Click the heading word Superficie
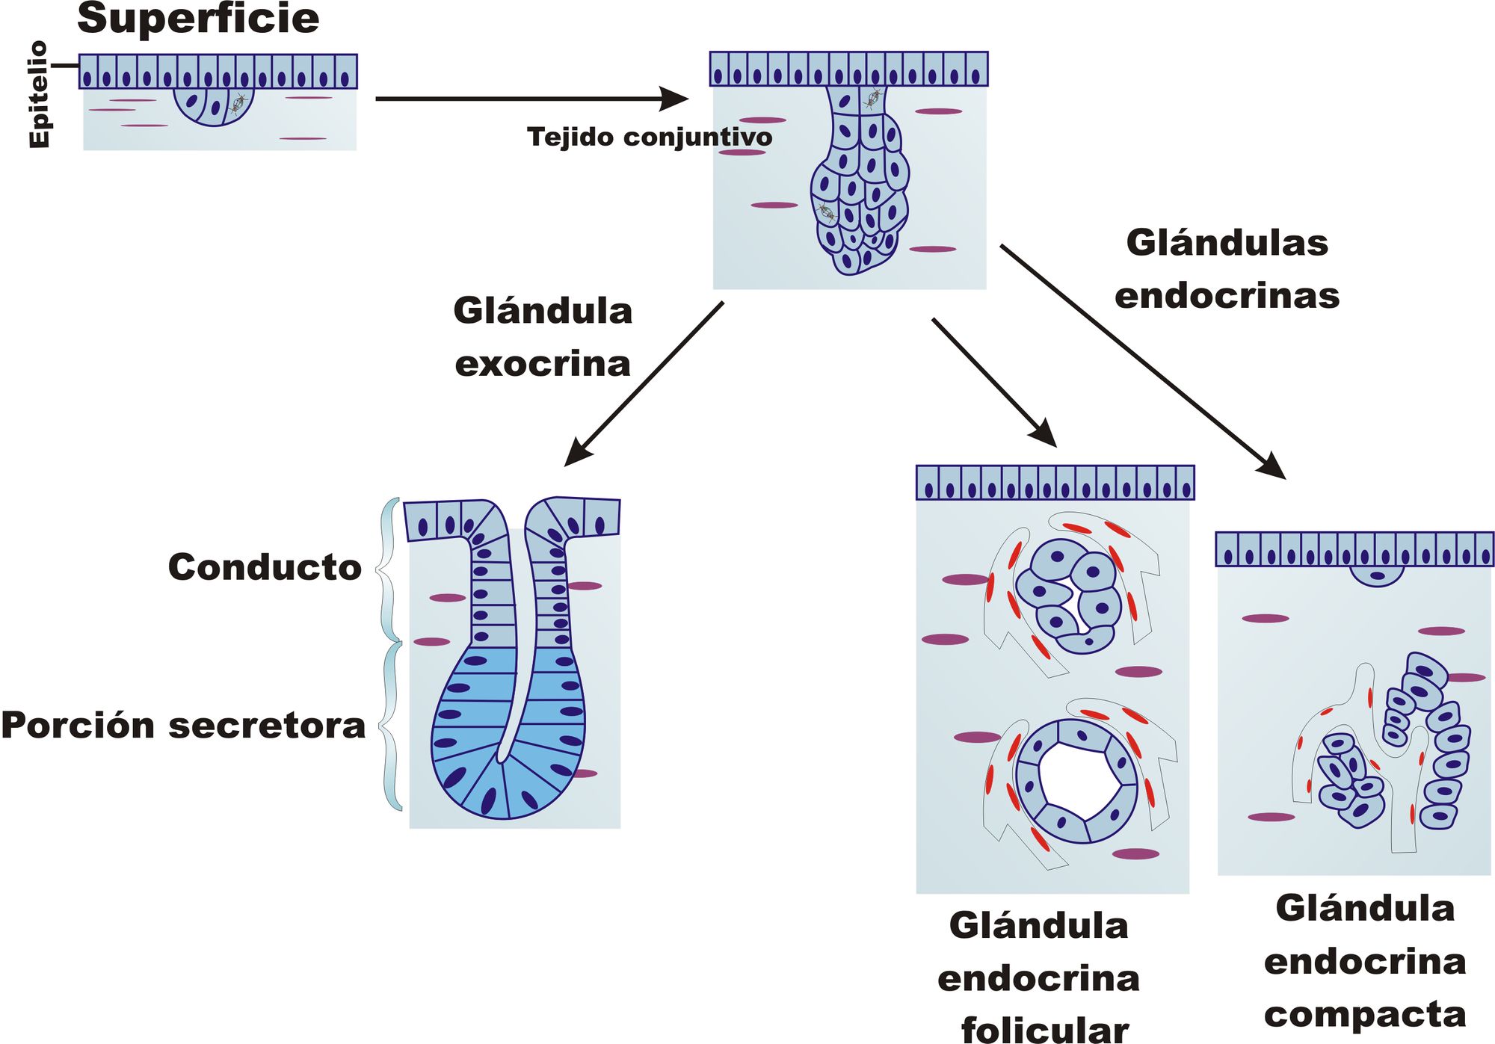tap(198, 19)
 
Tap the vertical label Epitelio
tap(39, 95)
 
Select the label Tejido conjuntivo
tap(649, 138)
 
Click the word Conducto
tap(265, 567)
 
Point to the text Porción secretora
tap(183, 726)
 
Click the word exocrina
tap(543, 365)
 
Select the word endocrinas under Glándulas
tap(1227, 296)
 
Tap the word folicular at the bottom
tap(1044, 1029)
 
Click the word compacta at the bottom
tap(1364, 1015)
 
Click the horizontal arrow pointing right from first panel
tap(531, 98)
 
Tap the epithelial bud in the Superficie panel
tap(215, 105)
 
